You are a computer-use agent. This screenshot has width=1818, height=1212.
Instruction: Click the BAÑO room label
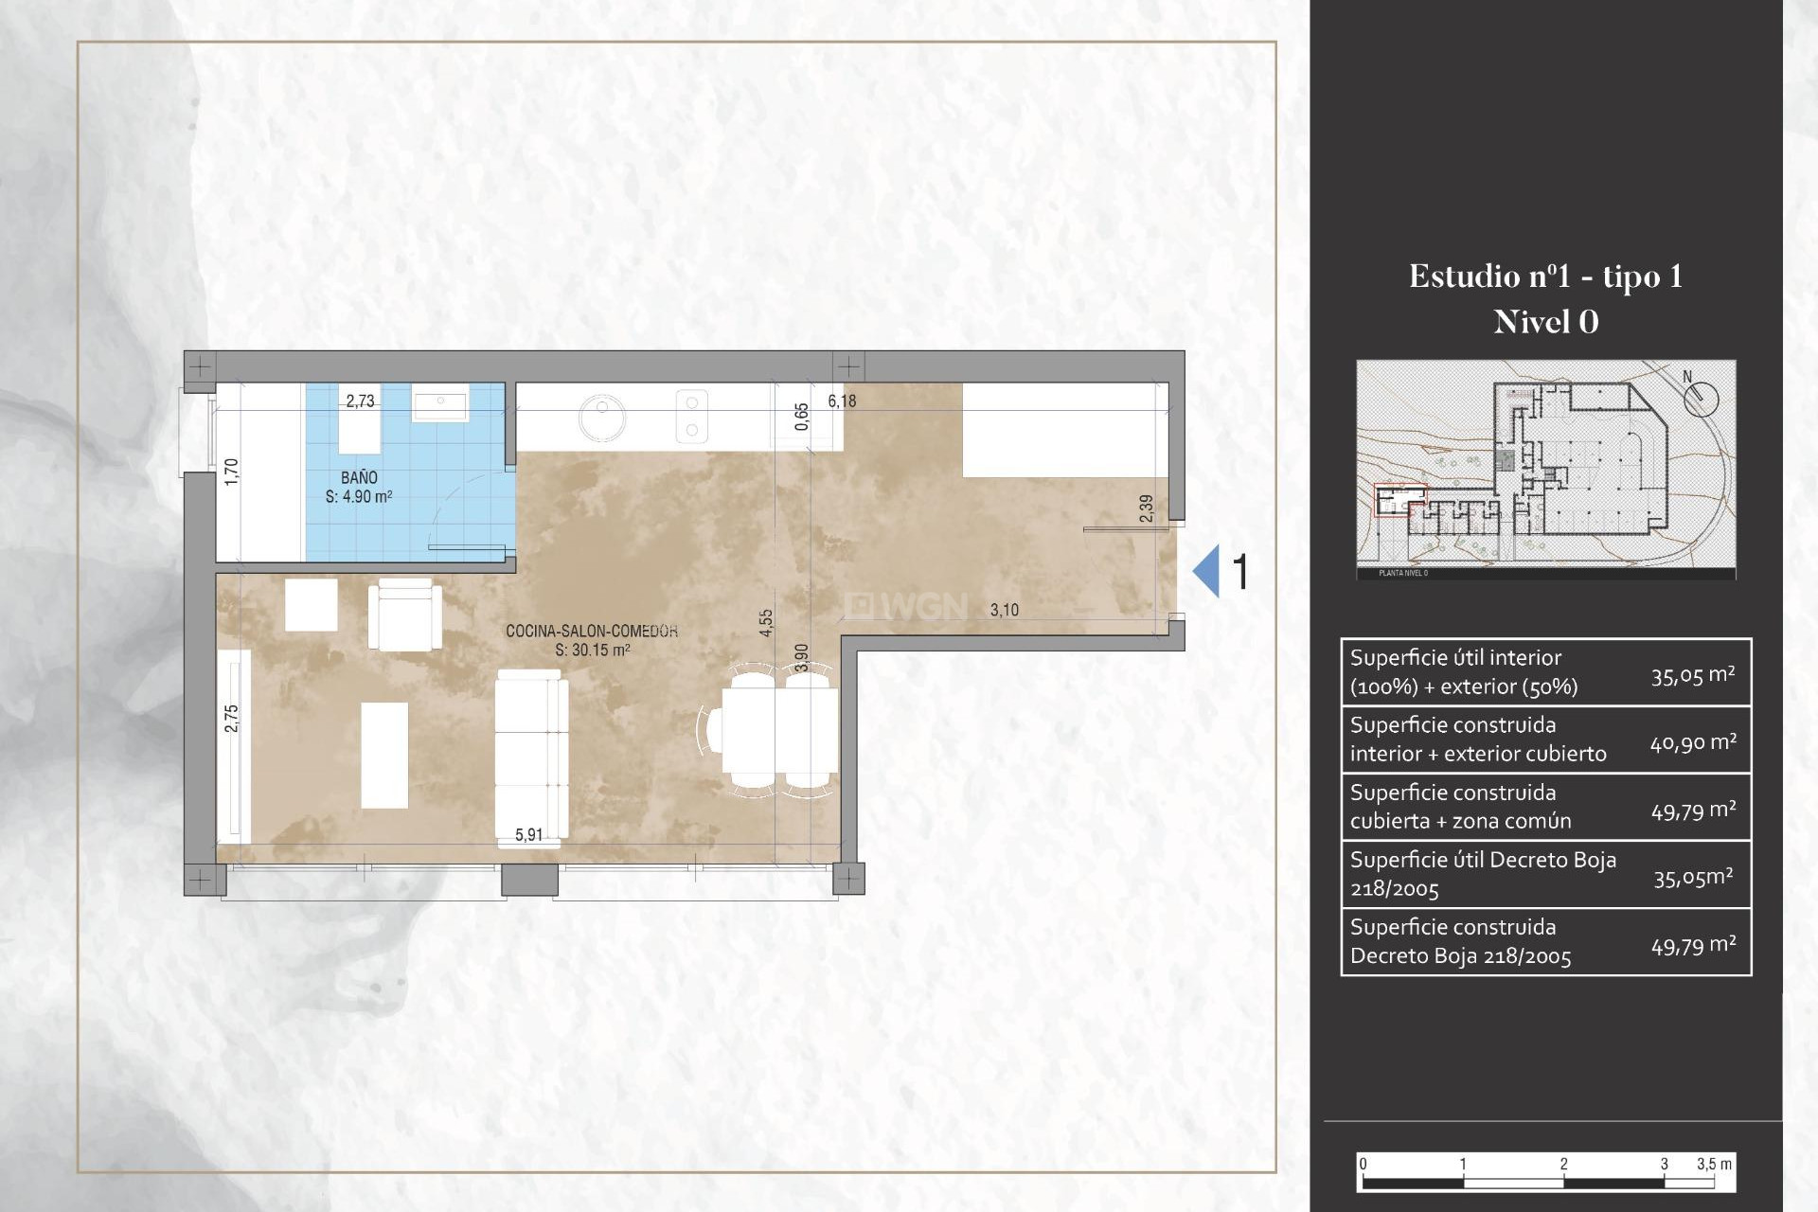(359, 478)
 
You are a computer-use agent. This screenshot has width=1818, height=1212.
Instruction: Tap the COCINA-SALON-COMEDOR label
(591, 631)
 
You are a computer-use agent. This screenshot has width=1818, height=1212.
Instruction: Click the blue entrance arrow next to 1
(1206, 571)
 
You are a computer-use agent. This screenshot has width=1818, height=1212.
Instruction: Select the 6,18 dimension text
(842, 401)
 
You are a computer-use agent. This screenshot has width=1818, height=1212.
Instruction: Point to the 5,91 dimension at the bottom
(528, 835)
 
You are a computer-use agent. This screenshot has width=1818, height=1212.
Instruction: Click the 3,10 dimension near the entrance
(1004, 611)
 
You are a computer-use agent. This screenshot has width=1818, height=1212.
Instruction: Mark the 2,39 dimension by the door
(1147, 508)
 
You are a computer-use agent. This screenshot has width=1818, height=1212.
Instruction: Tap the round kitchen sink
(602, 417)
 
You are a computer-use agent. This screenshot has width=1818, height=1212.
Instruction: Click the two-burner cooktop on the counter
(691, 417)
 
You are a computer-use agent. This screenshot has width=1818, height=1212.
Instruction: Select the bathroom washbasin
(440, 406)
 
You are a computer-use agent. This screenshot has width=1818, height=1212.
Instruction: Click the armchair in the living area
(405, 615)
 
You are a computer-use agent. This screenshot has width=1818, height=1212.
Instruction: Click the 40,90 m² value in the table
(1693, 742)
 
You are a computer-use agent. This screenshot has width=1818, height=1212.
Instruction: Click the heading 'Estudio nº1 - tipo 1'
(1545, 276)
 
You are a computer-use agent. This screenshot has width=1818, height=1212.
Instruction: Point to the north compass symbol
(1701, 397)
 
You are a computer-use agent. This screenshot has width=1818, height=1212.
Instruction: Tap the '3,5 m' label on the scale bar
(1713, 1164)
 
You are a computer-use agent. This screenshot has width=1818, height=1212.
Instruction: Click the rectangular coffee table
(384, 755)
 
